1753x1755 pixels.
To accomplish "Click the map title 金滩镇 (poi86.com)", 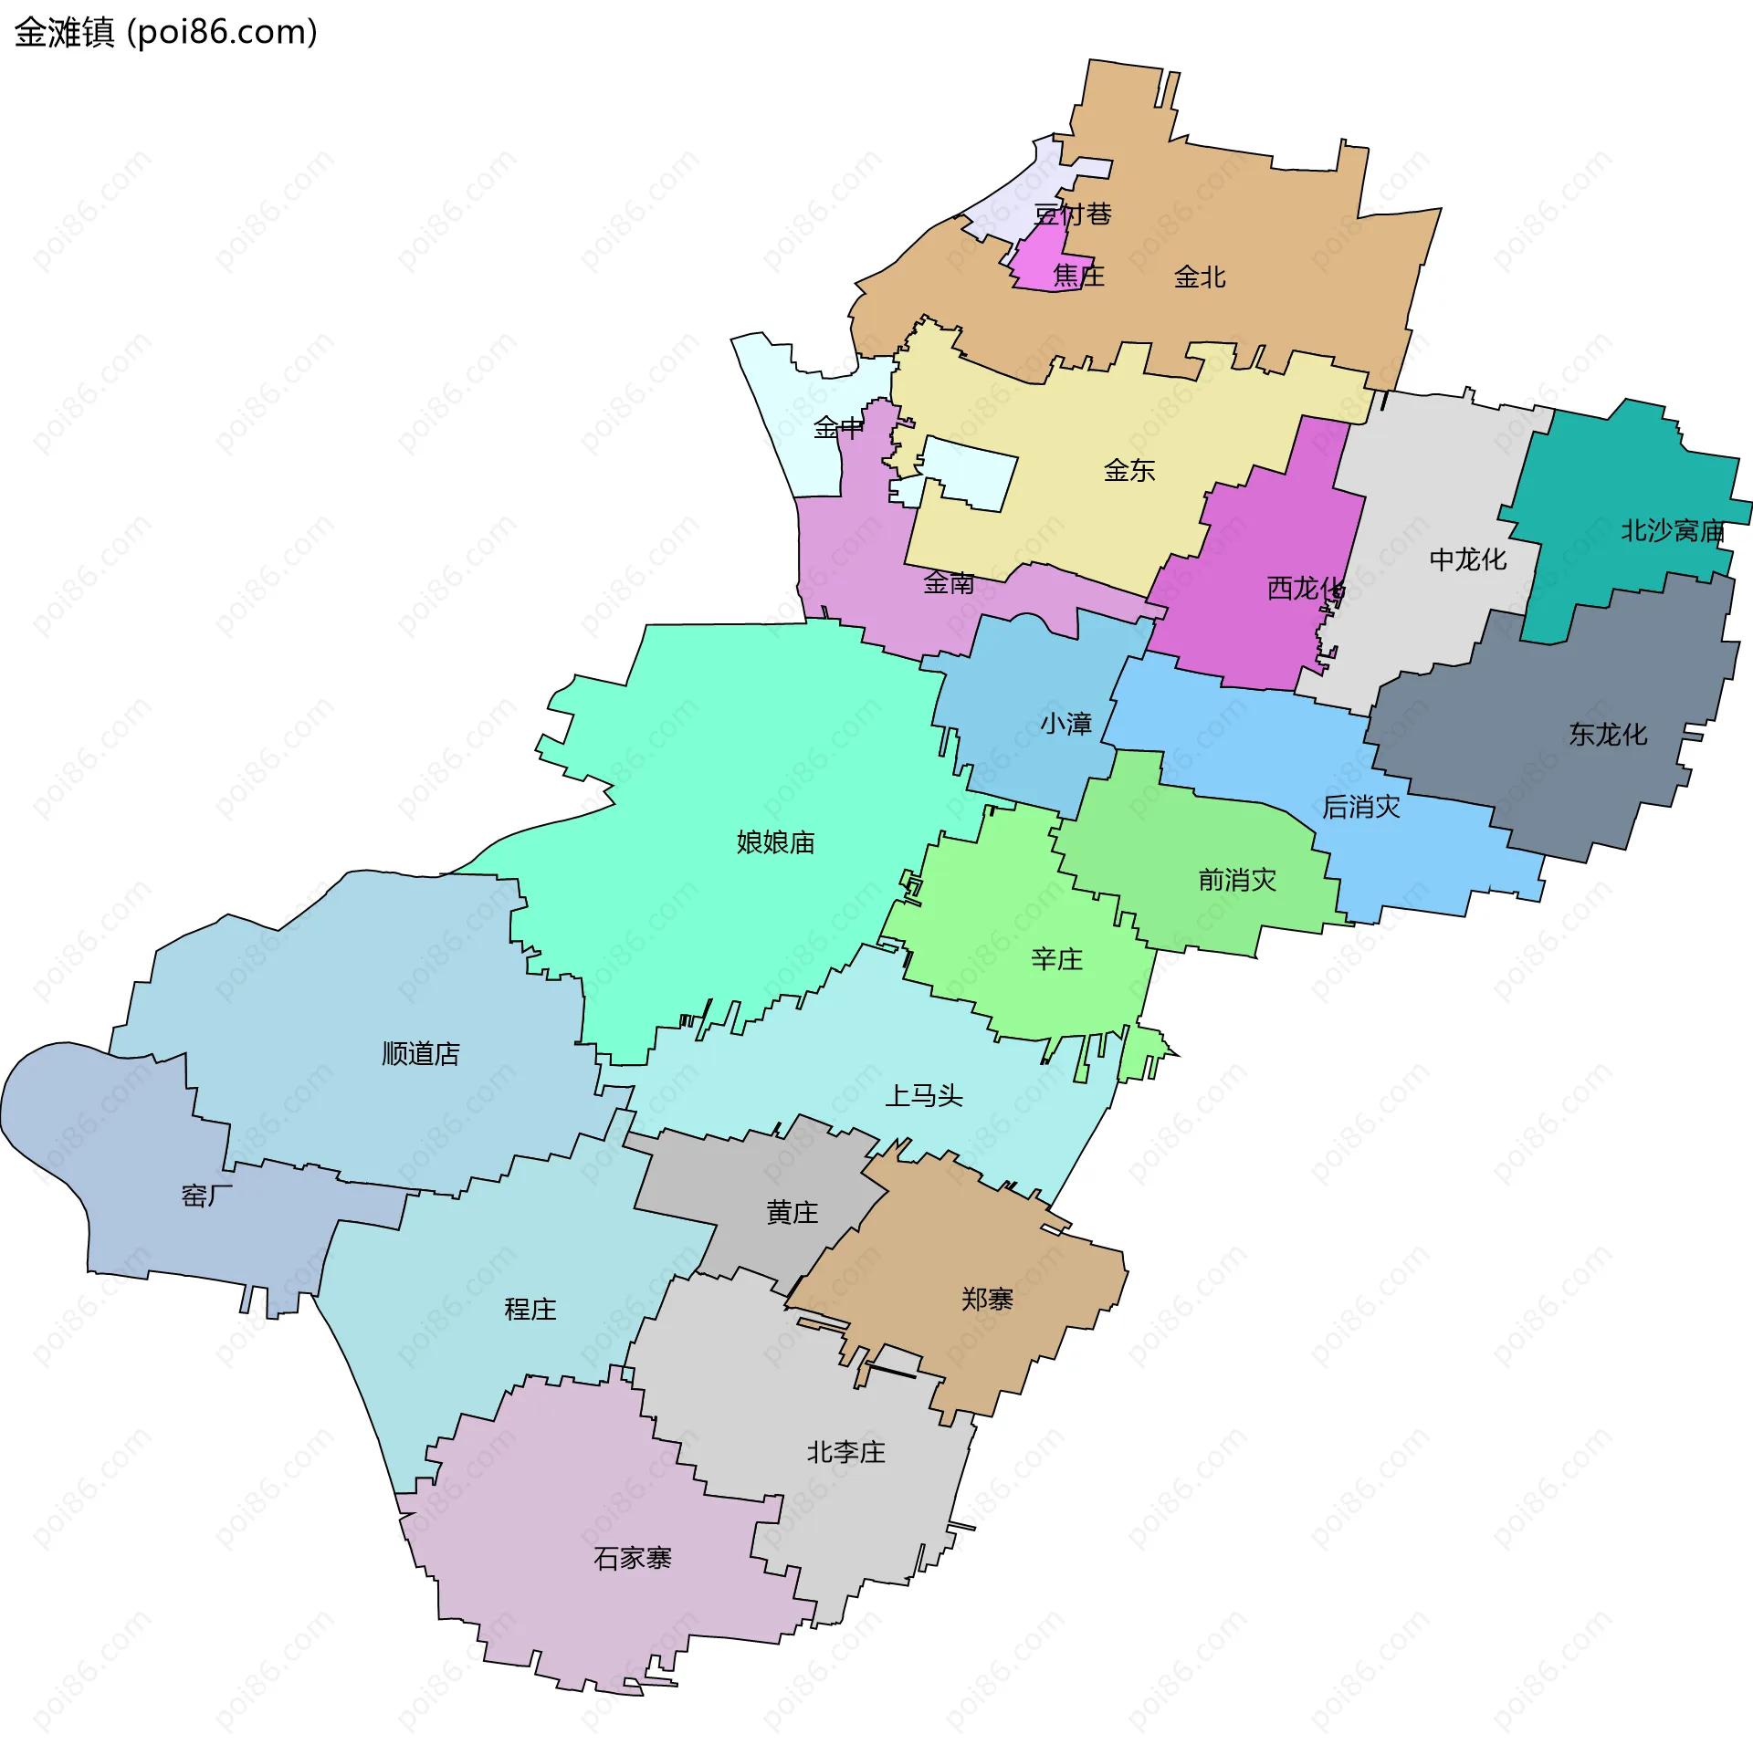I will (x=165, y=32).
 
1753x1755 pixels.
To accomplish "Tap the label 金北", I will (x=1199, y=277).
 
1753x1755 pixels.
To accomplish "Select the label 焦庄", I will (x=1078, y=275).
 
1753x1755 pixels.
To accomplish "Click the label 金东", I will (x=1128, y=470).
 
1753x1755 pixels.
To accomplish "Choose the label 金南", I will (x=949, y=582).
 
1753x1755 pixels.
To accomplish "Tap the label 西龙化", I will (x=1305, y=588).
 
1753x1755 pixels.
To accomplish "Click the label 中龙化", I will (x=1467, y=559).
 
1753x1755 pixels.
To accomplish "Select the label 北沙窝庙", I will (x=1672, y=530).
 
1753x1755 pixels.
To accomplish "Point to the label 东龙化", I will (x=1608, y=734).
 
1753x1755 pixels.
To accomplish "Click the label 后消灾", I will (x=1360, y=806).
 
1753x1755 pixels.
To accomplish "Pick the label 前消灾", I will (x=1237, y=879).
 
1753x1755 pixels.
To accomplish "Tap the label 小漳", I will (x=1065, y=724).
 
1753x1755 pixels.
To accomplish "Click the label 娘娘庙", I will (x=775, y=841).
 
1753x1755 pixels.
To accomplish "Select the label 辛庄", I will (x=1056, y=958).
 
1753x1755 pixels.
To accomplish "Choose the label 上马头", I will (x=924, y=1094).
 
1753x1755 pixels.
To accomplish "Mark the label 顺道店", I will (x=420, y=1053).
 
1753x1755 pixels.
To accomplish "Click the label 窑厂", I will (x=206, y=1195).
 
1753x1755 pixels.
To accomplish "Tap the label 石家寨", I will (x=632, y=1557).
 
